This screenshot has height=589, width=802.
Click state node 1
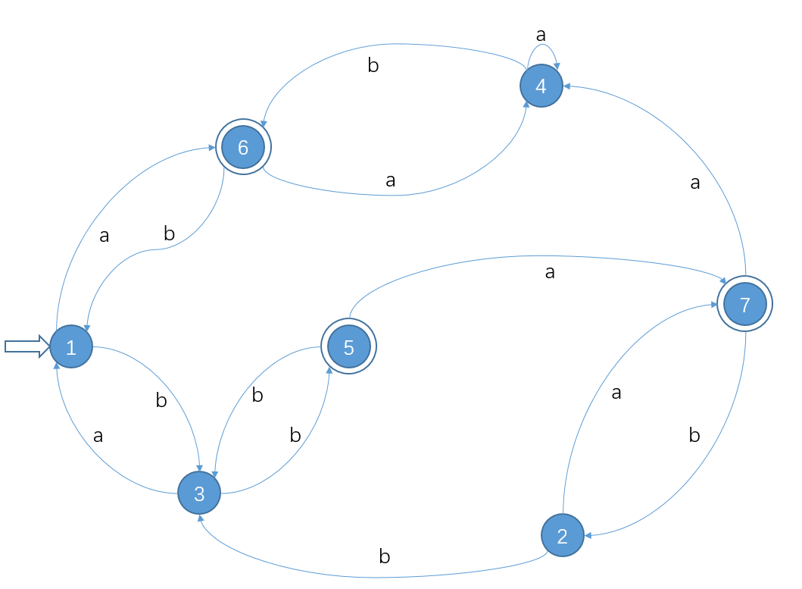click(x=71, y=347)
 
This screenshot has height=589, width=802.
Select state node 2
click(x=562, y=536)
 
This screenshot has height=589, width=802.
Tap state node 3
click(x=199, y=493)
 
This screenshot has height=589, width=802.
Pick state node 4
click(x=541, y=86)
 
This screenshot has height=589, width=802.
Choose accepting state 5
click(x=348, y=347)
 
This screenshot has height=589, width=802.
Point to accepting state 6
click(x=243, y=147)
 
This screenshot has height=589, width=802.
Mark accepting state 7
click(x=744, y=305)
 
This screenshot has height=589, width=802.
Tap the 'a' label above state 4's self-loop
click(x=541, y=34)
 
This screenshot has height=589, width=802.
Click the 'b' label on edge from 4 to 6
click(x=373, y=66)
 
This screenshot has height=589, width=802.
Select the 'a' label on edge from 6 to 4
click(x=391, y=180)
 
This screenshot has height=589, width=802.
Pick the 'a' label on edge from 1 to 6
click(x=105, y=236)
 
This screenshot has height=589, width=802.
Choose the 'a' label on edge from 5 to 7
click(x=550, y=272)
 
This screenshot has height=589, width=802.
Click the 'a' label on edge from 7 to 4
click(x=695, y=183)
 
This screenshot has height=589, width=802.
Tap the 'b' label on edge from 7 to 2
click(x=694, y=435)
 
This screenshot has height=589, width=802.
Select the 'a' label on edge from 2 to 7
click(x=616, y=393)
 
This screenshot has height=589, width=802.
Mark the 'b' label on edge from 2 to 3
click(x=384, y=557)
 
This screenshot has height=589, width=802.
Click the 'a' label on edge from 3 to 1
click(x=98, y=436)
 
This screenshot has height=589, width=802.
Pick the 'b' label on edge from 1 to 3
click(x=161, y=401)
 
